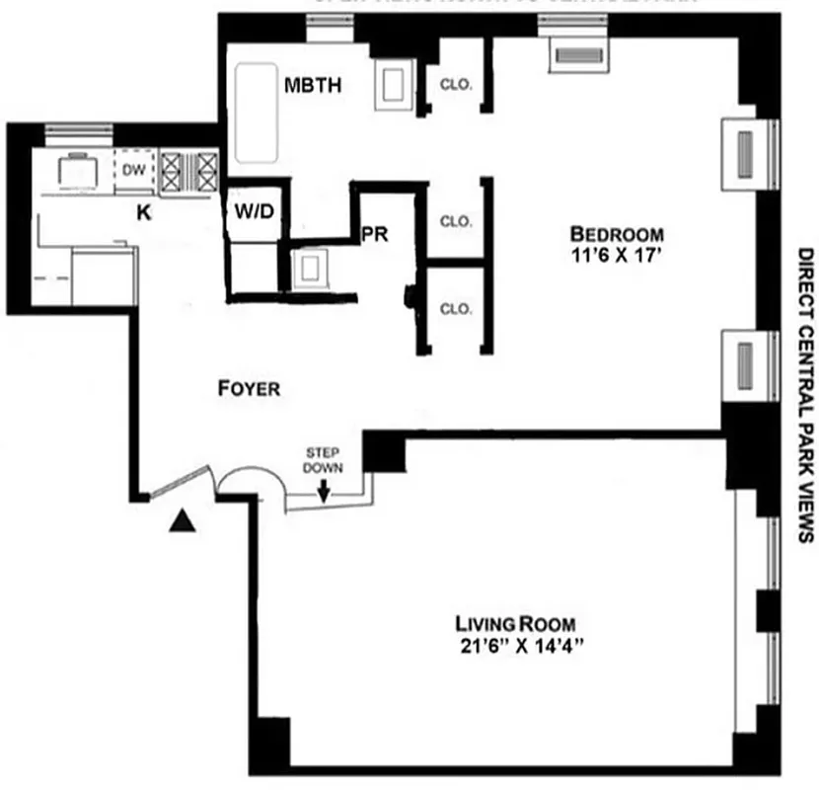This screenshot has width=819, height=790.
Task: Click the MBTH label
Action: click(313, 85)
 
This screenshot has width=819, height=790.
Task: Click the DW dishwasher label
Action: click(134, 171)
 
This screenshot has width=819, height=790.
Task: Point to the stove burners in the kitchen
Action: click(188, 171)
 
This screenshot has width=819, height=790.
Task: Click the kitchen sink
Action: click(76, 170)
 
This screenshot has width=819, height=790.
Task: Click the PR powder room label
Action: click(373, 236)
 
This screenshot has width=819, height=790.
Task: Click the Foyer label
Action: click(249, 389)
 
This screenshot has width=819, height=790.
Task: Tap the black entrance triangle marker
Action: click(180, 522)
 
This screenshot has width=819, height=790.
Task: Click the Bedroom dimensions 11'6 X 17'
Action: click(617, 255)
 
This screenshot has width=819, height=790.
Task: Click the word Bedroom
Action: click(617, 234)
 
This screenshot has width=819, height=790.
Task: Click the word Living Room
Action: click(515, 624)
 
